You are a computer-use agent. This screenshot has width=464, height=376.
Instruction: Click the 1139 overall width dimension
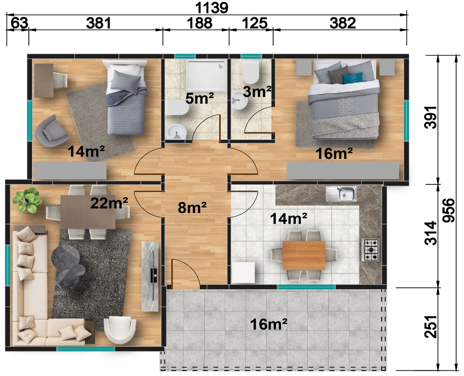[211, 8]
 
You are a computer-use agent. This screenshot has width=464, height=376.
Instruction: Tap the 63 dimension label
[20, 23]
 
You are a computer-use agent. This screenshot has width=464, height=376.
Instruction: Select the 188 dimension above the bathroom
[199, 23]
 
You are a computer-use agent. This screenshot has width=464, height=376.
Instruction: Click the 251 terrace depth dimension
[431, 327]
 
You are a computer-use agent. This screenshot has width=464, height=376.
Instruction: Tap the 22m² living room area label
[109, 203]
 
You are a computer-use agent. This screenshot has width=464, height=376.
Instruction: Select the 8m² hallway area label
[192, 208]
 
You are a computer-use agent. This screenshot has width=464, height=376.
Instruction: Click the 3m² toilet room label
[257, 91]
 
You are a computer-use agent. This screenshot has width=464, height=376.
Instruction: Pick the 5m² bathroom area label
[200, 98]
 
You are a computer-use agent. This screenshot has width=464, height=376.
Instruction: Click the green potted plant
[27, 200]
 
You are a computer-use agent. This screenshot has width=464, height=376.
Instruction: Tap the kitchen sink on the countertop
[341, 193]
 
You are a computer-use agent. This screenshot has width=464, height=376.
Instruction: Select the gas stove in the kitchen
[370, 250]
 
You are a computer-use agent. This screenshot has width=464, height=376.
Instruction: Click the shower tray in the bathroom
[206, 76]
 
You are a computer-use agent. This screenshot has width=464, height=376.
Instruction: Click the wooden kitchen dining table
[304, 255]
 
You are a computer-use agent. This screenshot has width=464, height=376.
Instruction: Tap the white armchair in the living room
[120, 330]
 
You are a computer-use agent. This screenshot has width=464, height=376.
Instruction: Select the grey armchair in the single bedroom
[52, 131]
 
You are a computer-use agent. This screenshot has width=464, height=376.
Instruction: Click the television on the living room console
[154, 276]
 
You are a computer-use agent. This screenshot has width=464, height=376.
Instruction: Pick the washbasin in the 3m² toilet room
[240, 101]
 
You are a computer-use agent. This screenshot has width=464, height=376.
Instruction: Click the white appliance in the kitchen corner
[243, 273]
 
